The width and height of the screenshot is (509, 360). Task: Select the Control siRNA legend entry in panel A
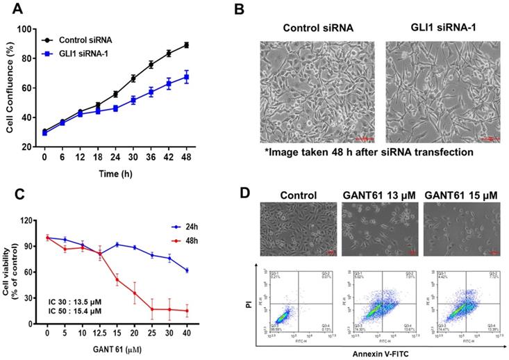86,41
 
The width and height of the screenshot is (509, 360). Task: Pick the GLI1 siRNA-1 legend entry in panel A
86,53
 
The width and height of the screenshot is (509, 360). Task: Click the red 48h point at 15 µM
117,280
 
